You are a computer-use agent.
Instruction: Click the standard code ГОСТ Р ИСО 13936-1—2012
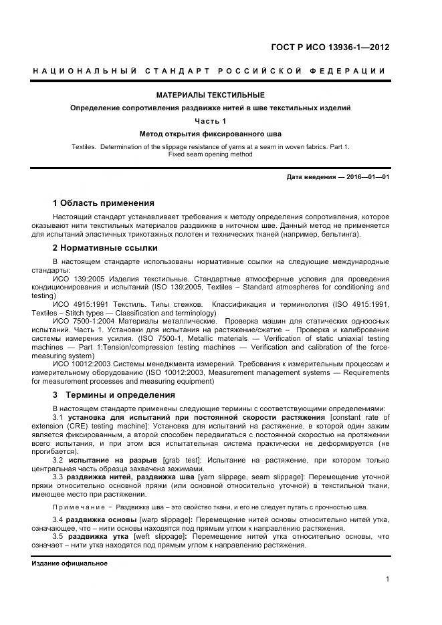coord(330,47)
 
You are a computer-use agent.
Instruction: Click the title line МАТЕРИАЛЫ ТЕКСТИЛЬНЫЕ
coord(210,95)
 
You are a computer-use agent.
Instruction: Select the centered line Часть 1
coord(210,121)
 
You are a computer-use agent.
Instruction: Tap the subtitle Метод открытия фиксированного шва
coord(210,134)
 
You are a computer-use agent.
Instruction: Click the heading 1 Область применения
coord(103,203)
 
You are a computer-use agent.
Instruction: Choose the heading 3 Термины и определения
coord(114,394)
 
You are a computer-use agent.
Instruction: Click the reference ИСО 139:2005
coord(78,278)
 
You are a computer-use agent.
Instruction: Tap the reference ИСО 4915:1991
coord(81,304)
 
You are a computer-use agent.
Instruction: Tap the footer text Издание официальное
coord(70,564)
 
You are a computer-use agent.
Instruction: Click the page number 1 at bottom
coord(388,579)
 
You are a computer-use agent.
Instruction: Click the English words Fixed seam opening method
coord(210,154)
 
